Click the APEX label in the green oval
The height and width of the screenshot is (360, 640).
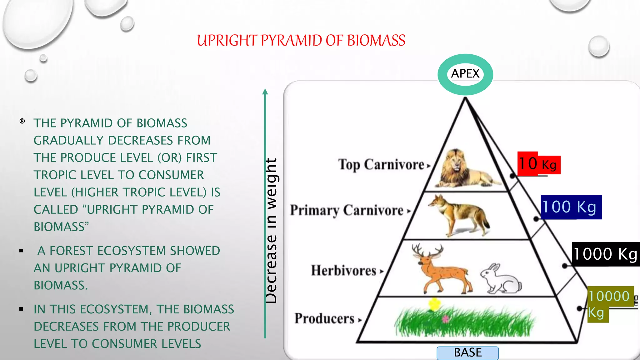pos(465,74)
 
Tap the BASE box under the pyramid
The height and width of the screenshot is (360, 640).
pos(467,353)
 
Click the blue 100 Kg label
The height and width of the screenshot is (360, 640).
pos(571,207)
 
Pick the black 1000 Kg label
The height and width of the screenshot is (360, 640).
pos(606,254)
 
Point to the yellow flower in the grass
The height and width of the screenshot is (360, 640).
pos(434,303)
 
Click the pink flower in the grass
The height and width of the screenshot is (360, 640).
pos(446,319)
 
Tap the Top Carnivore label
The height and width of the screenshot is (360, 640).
pos(381,164)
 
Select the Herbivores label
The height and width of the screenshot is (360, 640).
pos(343,271)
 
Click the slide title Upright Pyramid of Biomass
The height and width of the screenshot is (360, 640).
pos(301,41)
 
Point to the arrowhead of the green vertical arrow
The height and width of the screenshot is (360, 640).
pos(265,92)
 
